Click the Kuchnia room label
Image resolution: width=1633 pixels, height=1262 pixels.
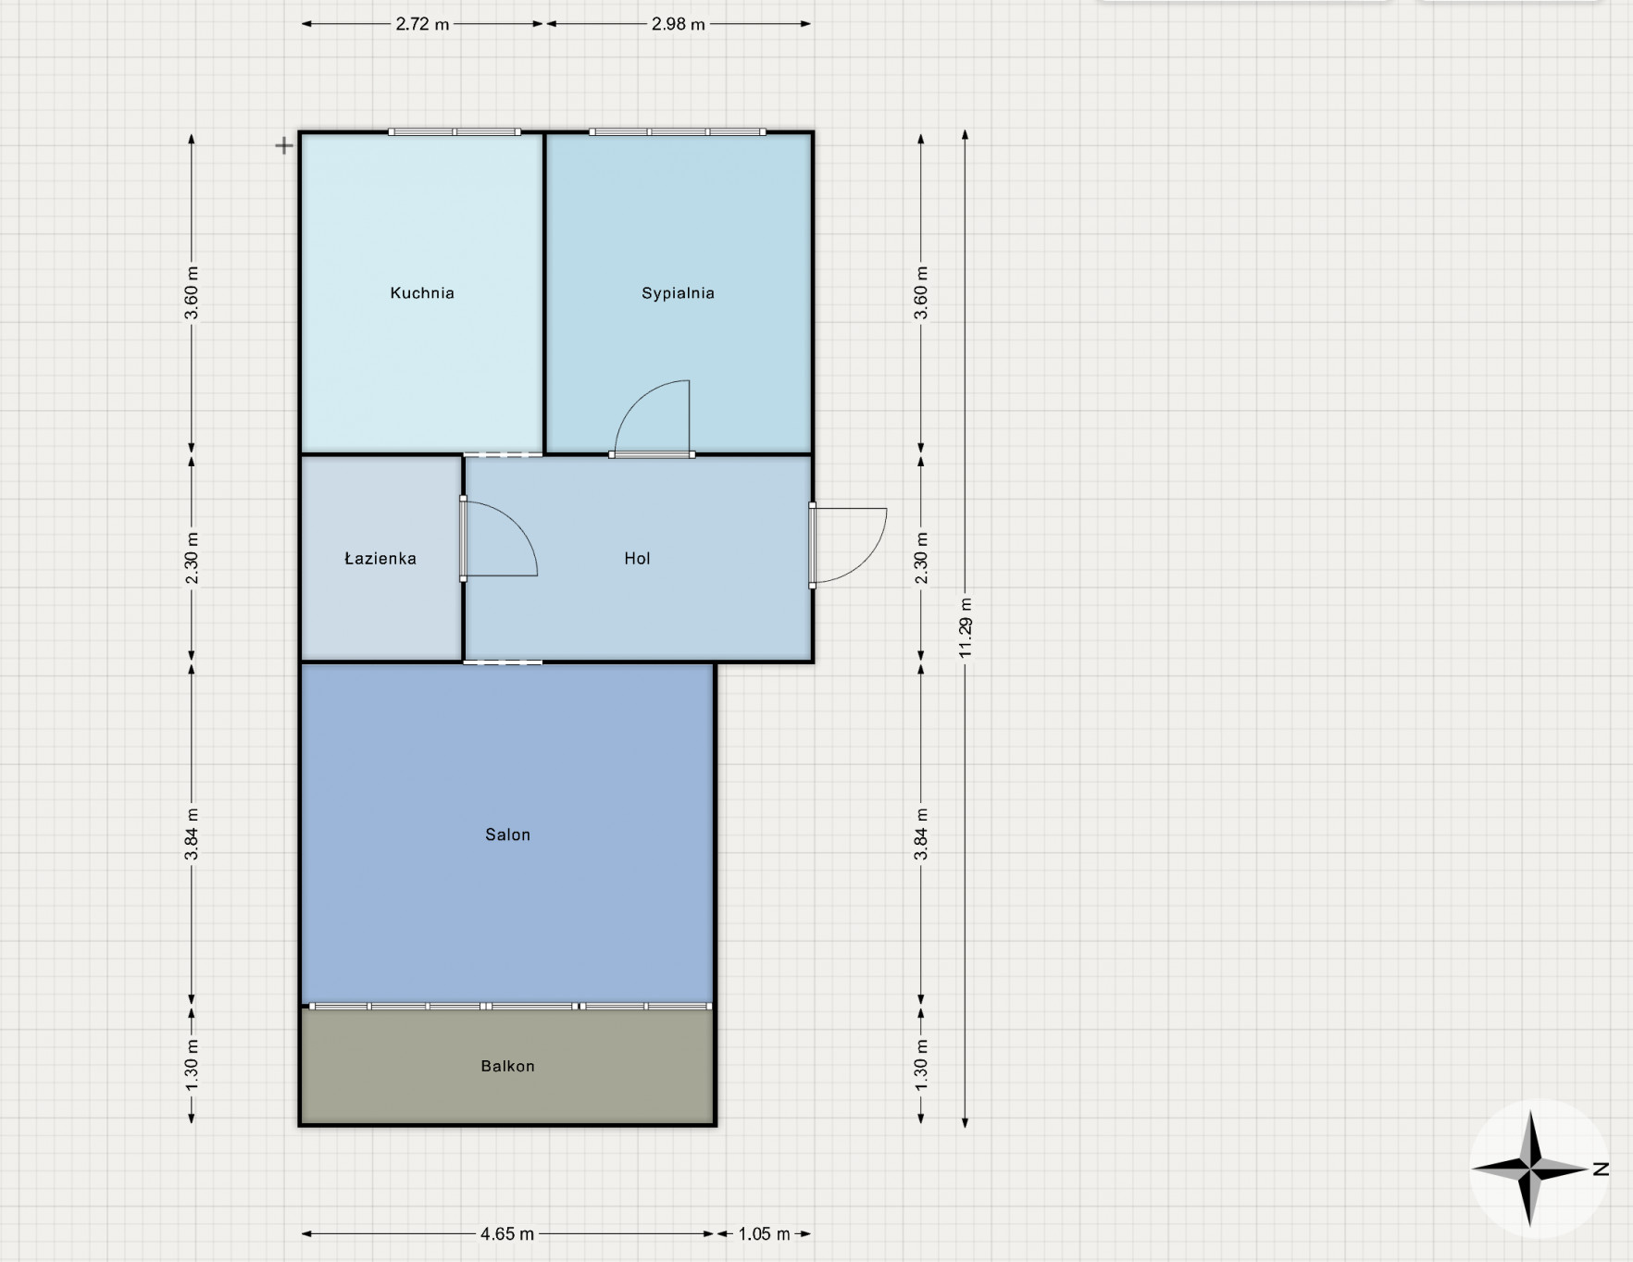(x=422, y=293)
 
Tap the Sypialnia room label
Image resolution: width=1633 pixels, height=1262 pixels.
(x=678, y=293)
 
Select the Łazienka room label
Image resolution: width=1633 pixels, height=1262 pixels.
(x=380, y=558)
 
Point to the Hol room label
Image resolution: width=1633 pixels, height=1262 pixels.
(x=637, y=558)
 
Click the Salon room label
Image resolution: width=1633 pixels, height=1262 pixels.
(x=507, y=835)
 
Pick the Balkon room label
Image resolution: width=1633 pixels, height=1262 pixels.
(x=507, y=1066)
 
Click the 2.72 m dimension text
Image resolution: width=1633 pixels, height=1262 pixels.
(x=422, y=24)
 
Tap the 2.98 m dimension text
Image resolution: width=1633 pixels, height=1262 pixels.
(x=678, y=24)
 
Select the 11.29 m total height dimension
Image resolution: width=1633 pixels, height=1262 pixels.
(x=966, y=628)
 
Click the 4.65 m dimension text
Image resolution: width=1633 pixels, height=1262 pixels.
(x=507, y=1233)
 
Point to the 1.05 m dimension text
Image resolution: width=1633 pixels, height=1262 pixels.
(x=764, y=1233)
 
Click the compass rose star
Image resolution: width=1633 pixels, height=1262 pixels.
(x=1531, y=1169)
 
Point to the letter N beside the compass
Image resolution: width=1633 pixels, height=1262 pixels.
(x=1601, y=1169)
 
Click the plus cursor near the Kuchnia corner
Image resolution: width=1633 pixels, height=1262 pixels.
(x=284, y=145)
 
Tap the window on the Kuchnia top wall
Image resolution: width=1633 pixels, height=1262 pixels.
(x=454, y=132)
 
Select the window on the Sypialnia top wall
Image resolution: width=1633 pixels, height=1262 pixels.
(x=678, y=132)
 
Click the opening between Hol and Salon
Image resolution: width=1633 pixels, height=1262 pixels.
(x=503, y=662)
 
